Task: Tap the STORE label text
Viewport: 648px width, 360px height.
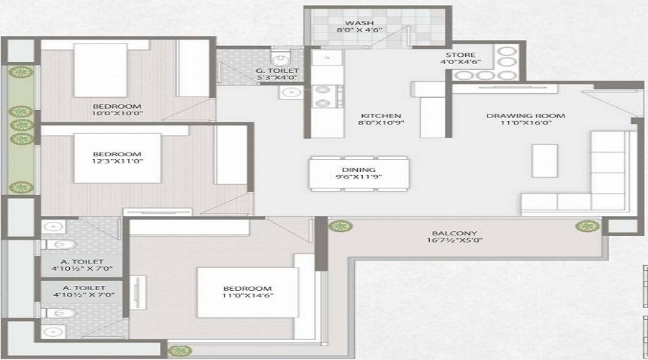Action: point(459,54)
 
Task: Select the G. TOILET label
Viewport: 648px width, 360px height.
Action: point(277,70)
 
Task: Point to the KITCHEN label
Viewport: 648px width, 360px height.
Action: point(381,116)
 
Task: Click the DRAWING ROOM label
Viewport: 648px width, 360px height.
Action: point(526,115)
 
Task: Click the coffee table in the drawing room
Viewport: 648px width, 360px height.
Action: point(544,160)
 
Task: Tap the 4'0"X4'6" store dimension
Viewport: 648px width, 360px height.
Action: point(459,63)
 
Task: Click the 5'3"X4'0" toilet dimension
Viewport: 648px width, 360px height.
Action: point(277,78)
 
